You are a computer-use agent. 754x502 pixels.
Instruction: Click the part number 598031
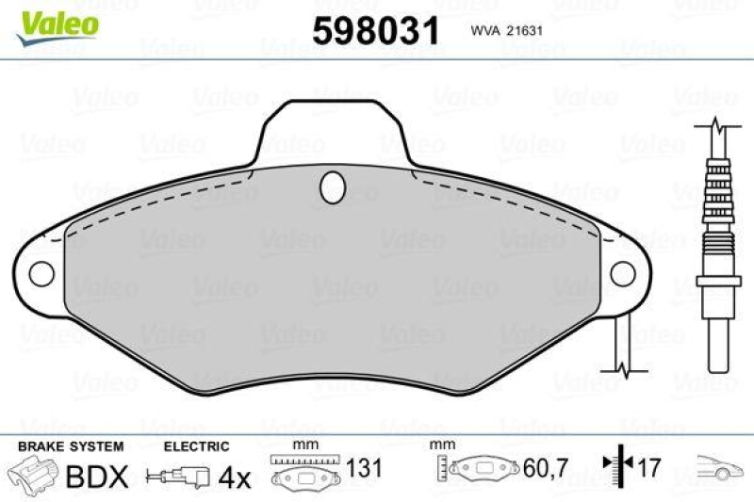(x=376, y=31)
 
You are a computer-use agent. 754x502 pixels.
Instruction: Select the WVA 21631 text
(x=503, y=31)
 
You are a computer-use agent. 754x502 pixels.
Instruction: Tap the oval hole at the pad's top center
(x=333, y=187)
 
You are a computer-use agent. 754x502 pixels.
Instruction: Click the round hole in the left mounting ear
(x=42, y=272)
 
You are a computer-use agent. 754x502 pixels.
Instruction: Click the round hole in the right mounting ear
(x=623, y=272)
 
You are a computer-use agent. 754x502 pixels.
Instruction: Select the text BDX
(x=95, y=477)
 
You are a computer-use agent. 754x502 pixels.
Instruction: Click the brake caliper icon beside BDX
(x=33, y=474)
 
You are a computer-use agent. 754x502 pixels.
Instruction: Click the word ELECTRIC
(x=196, y=446)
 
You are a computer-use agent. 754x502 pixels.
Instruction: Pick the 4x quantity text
(x=235, y=478)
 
